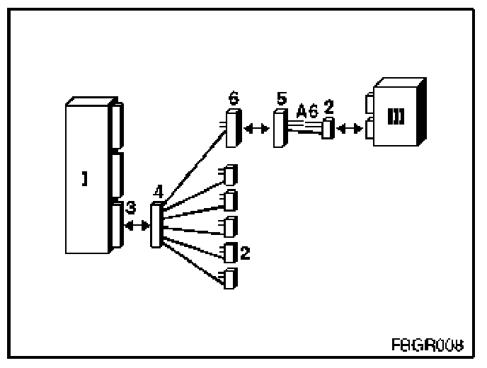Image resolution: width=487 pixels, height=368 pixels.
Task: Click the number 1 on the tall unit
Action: tap(84, 180)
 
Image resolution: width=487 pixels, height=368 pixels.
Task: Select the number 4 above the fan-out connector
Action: tap(159, 191)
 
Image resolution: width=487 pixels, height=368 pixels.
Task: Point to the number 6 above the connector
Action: tap(234, 99)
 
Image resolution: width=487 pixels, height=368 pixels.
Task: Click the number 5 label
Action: tap(282, 98)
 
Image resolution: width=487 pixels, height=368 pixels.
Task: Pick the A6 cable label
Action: tap(307, 111)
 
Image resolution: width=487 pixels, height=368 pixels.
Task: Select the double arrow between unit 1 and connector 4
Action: tap(137, 225)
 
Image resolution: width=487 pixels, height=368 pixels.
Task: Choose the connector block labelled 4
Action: tap(156, 224)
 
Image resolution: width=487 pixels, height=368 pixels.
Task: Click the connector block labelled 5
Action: tap(280, 128)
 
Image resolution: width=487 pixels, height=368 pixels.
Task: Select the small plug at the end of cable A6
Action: tap(327, 129)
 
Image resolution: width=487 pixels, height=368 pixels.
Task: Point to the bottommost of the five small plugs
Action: tap(229, 278)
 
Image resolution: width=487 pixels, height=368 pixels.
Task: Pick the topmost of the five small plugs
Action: tap(229, 174)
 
